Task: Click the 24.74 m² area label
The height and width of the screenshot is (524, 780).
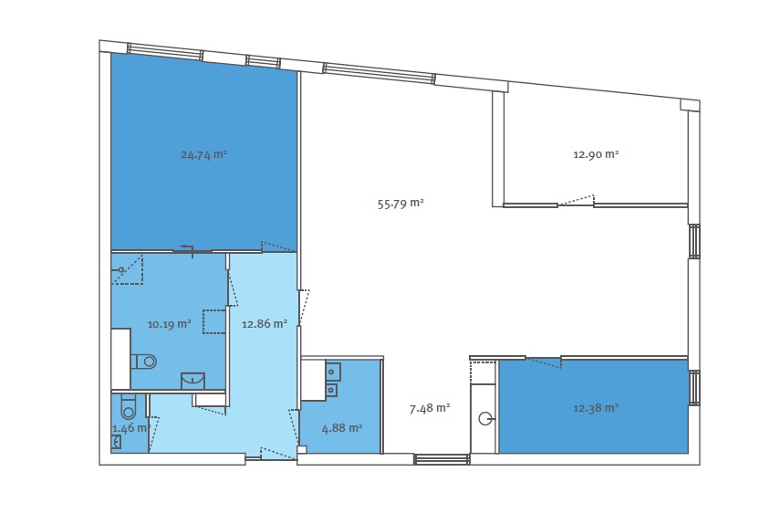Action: [204, 155]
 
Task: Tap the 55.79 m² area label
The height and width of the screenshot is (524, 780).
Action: [400, 204]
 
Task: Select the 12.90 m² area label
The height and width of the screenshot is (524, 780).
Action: [596, 154]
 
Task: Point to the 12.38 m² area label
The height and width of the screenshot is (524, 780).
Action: [596, 409]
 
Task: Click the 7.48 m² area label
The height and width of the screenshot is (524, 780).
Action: [430, 409]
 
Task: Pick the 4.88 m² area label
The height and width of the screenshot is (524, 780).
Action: [342, 428]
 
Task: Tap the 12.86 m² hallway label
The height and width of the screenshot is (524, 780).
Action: [265, 324]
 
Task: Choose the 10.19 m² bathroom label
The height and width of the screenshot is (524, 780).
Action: [169, 324]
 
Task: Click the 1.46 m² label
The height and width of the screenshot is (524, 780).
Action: [130, 428]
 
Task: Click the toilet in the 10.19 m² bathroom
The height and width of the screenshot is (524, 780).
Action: [144, 362]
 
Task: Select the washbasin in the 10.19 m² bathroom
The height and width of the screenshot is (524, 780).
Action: [192, 381]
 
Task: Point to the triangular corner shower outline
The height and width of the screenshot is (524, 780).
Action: [128, 270]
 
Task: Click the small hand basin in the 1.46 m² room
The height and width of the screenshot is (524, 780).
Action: [116, 442]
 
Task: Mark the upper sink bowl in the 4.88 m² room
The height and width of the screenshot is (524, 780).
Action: [333, 372]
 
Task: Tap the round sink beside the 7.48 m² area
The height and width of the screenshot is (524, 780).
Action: [485, 418]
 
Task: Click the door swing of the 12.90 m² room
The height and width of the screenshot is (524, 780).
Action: [576, 200]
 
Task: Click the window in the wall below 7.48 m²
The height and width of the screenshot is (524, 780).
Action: [442, 459]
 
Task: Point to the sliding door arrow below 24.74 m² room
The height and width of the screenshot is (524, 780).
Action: [187, 248]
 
